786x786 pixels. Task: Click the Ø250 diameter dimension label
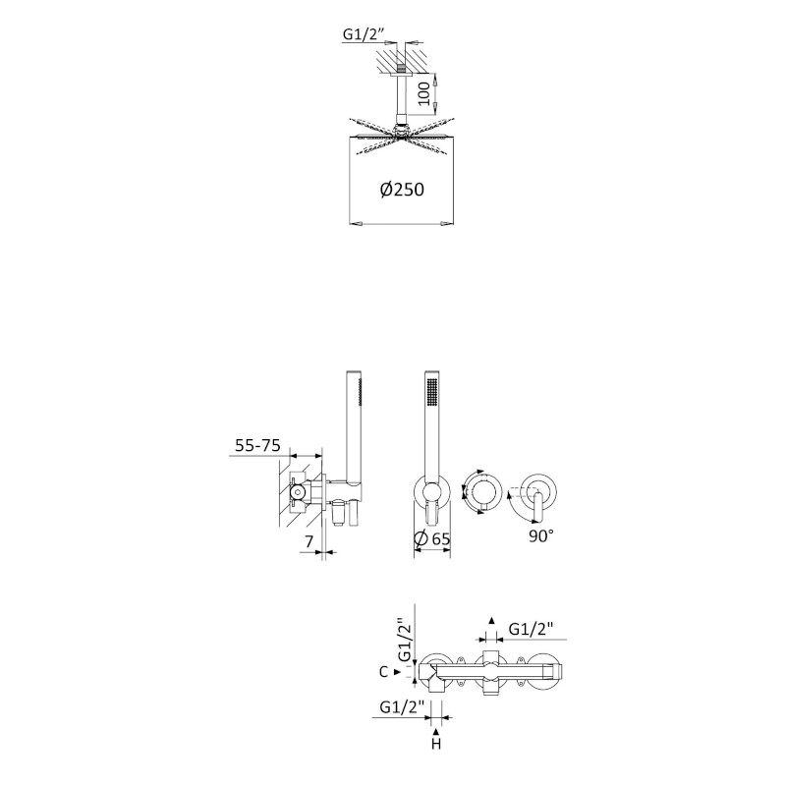pyautogui.click(x=402, y=189)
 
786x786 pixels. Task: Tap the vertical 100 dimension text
pyautogui.click(x=424, y=93)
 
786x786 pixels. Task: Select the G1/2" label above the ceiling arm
pyautogui.click(x=364, y=34)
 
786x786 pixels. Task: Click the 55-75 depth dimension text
pyautogui.click(x=257, y=445)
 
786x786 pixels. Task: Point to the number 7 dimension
pyautogui.click(x=309, y=541)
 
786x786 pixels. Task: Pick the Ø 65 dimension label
pyautogui.click(x=432, y=538)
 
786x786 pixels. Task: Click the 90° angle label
pyautogui.click(x=541, y=535)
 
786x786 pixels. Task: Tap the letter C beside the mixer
pyautogui.click(x=383, y=672)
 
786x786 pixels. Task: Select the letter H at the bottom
pyautogui.click(x=436, y=744)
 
